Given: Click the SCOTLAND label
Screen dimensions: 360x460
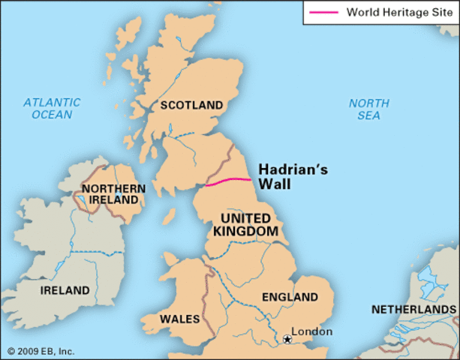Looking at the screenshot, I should click(191, 105).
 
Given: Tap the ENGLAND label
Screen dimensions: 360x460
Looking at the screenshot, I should click(290, 297).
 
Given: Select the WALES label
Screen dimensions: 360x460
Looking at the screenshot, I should click(179, 319).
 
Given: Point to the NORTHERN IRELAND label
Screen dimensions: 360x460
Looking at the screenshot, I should click(110, 194).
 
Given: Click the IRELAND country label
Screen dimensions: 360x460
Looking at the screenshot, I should click(65, 290).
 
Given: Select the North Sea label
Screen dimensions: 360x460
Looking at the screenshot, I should click(368, 109).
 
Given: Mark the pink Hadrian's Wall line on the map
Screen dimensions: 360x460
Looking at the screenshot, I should click(228, 181).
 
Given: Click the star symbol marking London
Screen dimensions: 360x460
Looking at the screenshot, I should click(286, 340).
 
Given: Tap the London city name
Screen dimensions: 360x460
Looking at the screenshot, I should click(311, 331).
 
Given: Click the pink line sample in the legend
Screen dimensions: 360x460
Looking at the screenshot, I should click(323, 12).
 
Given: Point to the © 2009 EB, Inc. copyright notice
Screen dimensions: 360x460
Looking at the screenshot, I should click(41, 351).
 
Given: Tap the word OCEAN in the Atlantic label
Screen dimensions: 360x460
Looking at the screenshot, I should click(51, 115).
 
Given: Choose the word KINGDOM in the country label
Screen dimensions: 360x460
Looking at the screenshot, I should click(245, 232).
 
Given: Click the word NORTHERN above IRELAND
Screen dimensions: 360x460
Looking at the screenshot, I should click(110, 188).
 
